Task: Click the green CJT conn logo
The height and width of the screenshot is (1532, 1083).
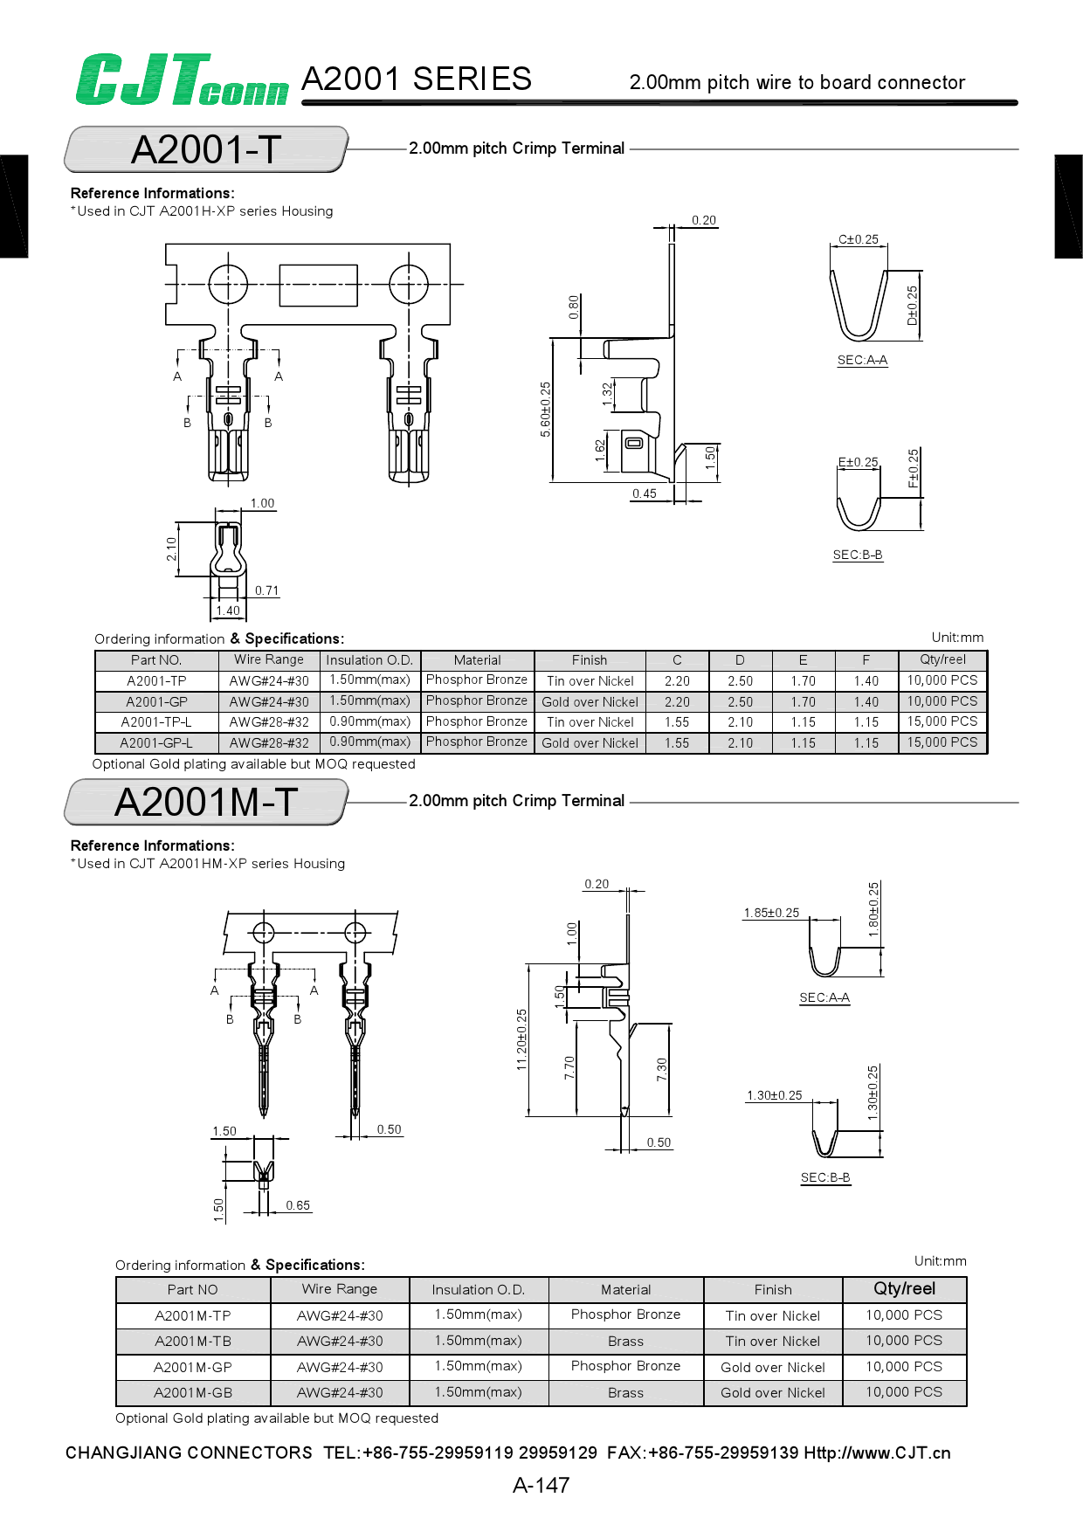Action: click(182, 80)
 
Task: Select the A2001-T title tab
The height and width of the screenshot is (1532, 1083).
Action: click(206, 149)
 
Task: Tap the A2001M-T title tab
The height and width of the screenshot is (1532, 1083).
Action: click(206, 802)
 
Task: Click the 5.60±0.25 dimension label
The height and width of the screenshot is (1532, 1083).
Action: click(546, 409)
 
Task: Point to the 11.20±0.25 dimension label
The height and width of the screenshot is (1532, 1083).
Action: click(522, 1039)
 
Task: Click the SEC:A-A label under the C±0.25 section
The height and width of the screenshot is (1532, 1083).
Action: click(862, 360)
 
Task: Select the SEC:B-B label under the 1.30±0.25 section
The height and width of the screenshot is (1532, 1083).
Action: click(825, 1177)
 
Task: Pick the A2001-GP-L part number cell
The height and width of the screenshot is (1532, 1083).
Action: click(156, 743)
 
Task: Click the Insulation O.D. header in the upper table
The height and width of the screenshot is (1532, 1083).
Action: click(369, 660)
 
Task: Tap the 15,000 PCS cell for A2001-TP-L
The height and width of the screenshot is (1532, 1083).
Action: click(942, 721)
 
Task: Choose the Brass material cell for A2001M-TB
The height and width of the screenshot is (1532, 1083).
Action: click(625, 1341)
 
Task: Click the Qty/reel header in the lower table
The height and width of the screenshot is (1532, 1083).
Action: click(904, 1288)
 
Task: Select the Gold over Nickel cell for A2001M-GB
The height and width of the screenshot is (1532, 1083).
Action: click(773, 1392)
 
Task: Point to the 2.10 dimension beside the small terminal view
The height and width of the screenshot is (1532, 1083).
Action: click(171, 549)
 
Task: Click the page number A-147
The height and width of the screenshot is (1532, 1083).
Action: click(541, 1485)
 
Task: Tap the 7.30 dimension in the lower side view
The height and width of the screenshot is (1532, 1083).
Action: click(662, 1069)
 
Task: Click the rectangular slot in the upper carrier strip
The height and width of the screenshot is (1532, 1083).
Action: click(318, 285)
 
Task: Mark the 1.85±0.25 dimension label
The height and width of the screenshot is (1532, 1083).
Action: click(771, 913)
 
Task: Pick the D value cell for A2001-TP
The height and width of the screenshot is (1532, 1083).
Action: click(740, 680)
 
